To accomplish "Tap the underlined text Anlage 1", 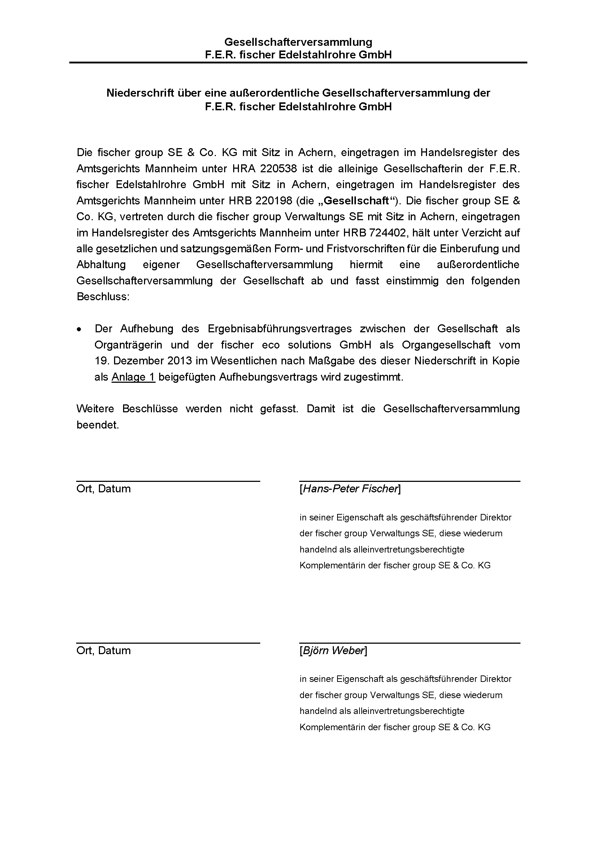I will [133, 377].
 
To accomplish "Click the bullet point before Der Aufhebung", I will [79, 329].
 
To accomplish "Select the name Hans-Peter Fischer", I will [350, 489].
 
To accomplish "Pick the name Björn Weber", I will [333, 651].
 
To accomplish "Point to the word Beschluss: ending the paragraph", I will [103, 297].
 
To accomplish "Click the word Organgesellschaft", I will [446, 345].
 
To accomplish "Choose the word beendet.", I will [97, 425].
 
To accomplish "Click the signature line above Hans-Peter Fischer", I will [410, 481].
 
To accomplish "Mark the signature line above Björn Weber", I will [410, 643].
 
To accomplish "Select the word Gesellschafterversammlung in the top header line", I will [298, 42].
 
